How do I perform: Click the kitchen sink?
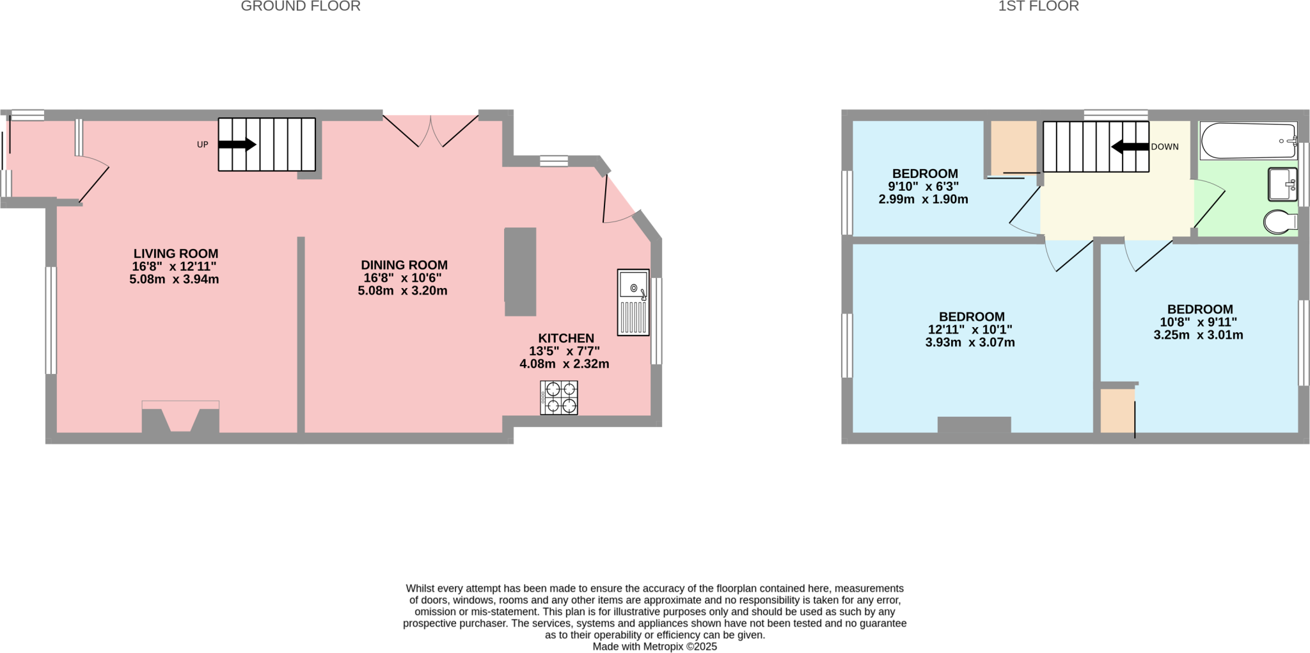point(633,302)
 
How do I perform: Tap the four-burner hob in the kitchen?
point(559,398)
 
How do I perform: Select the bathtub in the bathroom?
point(1248,141)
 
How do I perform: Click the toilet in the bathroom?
point(1279,222)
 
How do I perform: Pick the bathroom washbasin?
point(1282,184)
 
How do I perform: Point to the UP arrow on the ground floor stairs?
point(237,145)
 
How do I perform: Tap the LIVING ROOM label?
point(175,254)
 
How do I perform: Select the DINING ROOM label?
point(404,265)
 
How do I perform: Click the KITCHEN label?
point(565,338)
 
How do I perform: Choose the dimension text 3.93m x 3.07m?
point(970,343)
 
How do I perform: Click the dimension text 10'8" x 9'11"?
point(1198,322)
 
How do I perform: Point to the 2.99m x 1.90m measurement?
point(923,199)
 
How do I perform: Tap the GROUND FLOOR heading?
point(300,6)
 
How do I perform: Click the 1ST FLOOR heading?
point(1038,6)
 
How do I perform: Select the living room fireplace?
point(180,417)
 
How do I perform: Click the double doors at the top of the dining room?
point(430,131)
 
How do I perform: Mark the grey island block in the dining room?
point(520,271)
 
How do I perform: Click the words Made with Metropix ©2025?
point(654,647)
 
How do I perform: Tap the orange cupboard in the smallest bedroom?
point(1013,147)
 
